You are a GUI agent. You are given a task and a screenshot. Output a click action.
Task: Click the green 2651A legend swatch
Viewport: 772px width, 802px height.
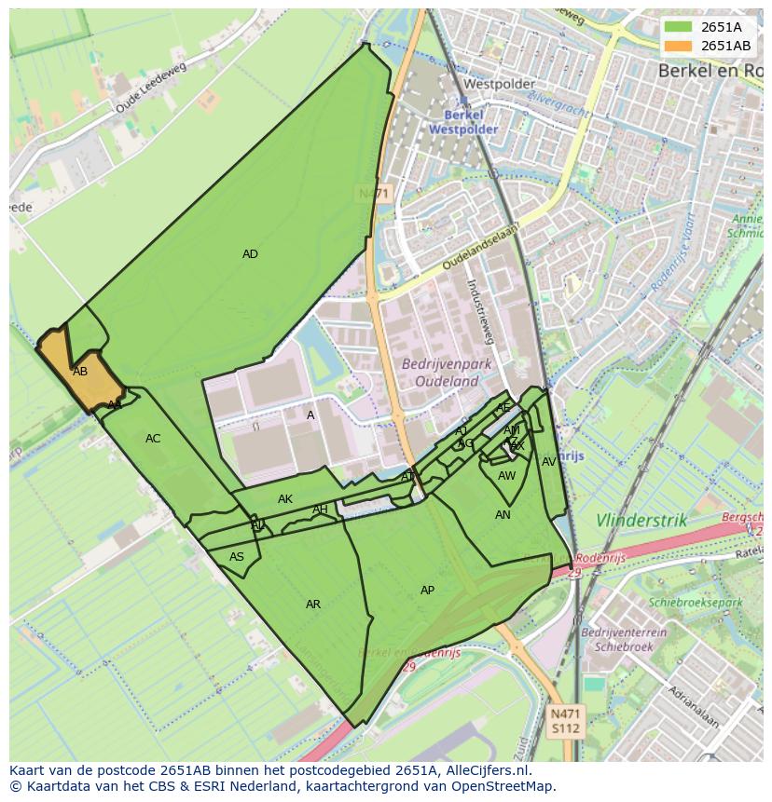point(678,27)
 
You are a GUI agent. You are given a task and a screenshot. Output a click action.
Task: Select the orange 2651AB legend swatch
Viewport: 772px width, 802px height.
point(678,46)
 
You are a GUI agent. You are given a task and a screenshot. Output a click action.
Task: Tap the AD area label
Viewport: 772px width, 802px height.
point(250,254)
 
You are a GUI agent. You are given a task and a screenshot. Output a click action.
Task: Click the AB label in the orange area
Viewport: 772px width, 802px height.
point(80,372)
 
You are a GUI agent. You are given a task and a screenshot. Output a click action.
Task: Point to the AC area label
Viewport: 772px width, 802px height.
point(153,439)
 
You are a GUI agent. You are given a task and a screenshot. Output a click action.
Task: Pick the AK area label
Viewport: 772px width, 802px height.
point(285,499)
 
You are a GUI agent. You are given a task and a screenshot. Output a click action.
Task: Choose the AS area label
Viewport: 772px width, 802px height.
point(237,557)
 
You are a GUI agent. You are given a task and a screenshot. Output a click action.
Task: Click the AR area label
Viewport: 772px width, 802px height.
point(313,605)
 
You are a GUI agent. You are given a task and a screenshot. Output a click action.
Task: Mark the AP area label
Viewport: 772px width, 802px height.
point(427,591)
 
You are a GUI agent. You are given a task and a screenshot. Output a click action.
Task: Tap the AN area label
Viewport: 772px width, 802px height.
point(503,515)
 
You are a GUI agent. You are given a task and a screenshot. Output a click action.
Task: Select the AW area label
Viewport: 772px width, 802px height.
point(506,476)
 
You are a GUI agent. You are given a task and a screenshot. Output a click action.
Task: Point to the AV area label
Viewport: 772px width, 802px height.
point(549,462)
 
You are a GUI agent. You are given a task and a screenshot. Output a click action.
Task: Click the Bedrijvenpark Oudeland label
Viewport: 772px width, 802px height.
point(440,372)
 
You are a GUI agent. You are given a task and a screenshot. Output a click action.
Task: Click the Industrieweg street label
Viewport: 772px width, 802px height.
point(484,311)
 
